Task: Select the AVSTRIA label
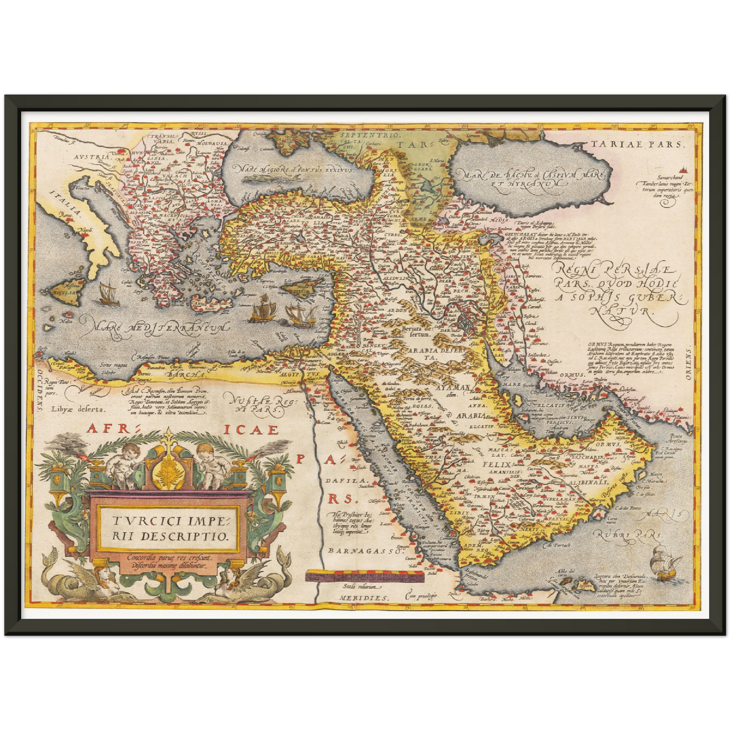tap(91, 157)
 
